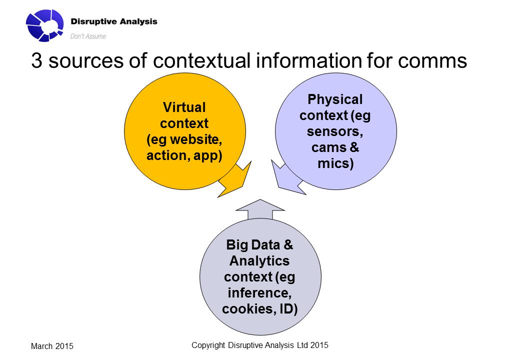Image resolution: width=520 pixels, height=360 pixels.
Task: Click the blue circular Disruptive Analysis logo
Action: click(45, 25)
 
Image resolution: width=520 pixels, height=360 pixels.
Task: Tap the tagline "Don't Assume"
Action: click(88, 36)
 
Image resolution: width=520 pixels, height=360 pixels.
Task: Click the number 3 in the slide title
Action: click(37, 61)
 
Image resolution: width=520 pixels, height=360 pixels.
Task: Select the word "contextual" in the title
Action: click(201, 61)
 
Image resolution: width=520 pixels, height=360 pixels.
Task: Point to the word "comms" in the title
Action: click(432, 61)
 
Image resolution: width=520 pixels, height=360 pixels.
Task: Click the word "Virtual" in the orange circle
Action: click(184, 107)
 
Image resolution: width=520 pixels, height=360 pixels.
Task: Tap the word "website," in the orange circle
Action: click(196, 139)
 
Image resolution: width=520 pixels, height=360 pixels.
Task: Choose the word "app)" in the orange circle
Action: click(207, 156)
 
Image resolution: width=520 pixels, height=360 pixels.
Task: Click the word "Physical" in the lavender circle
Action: click(335, 99)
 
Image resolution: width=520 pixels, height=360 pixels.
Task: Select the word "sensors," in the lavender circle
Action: click(335, 131)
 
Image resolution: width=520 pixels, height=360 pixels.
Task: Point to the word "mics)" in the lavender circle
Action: click(335, 163)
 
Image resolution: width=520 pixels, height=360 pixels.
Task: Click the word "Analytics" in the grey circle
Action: click(259, 261)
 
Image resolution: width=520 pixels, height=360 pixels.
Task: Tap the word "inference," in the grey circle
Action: click(259, 292)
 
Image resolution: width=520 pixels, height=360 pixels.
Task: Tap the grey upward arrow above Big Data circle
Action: click(260, 209)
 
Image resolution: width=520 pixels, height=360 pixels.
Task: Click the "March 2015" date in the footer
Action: click(52, 346)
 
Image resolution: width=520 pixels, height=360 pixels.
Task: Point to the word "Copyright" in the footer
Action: click(208, 345)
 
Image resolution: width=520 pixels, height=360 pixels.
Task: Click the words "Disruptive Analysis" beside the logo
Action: click(114, 21)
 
